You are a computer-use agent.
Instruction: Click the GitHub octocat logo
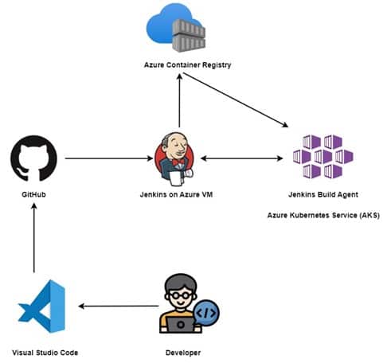click(x=33, y=158)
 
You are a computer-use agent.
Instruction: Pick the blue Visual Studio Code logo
click(x=40, y=305)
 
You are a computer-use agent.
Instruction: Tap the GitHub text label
click(x=33, y=193)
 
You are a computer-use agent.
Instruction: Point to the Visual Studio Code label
click(x=45, y=351)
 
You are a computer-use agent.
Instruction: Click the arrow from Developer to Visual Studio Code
click(x=115, y=306)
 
